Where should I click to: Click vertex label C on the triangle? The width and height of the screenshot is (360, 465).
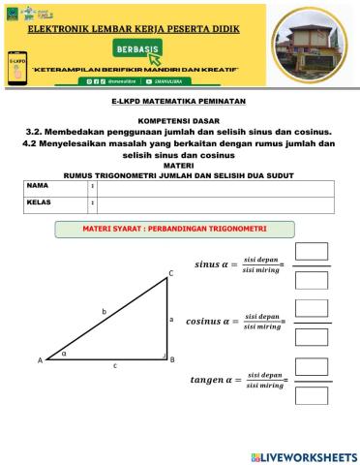170,274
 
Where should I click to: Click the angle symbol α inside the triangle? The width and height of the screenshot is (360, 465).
65,354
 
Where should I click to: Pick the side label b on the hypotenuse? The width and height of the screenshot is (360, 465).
104,311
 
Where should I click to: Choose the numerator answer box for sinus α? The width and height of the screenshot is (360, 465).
311,251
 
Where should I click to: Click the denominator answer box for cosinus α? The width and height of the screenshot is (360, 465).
311,338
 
